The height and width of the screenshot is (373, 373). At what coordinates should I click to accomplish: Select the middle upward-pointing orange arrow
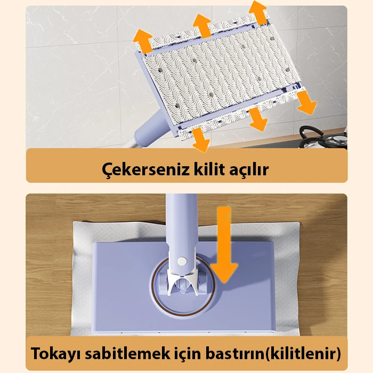[x=202, y=25]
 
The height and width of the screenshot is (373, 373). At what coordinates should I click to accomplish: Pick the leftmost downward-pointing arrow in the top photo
[x=201, y=139]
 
